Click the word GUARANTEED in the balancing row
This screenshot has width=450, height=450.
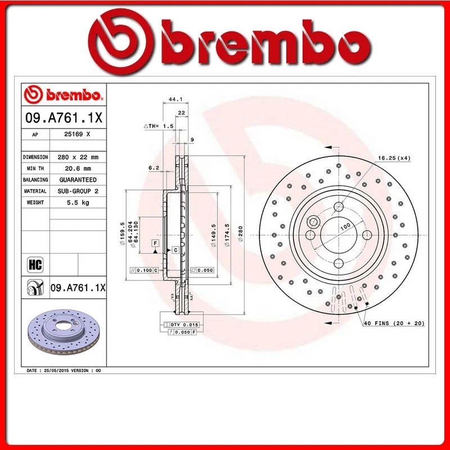coord(78,179)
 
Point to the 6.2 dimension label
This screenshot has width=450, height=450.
coord(153,168)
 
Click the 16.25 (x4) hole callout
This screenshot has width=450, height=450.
coord(393,159)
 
